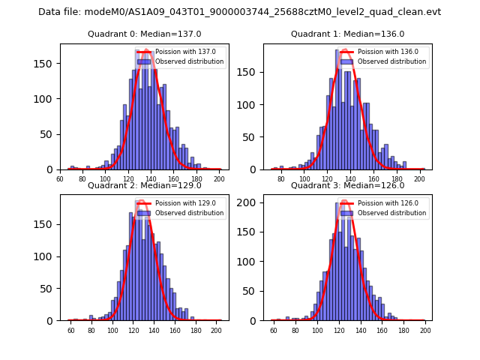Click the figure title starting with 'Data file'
[x=240, y=12]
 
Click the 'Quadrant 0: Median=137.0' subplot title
[x=145, y=34]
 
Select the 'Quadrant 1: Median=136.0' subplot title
[x=348, y=34]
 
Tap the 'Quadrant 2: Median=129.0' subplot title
[x=145, y=185]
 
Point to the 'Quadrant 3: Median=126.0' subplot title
[x=348, y=185]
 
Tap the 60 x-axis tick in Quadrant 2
[x=71, y=331]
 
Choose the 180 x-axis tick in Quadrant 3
[x=404, y=331]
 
